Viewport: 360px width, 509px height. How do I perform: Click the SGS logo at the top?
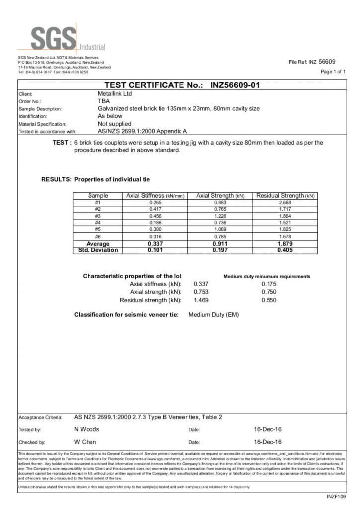coord(55,38)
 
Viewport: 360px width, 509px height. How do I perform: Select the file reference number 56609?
coord(327,62)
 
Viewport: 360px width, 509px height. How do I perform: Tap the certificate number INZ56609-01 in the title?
coord(235,85)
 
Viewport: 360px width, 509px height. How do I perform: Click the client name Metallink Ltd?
coord(115,93)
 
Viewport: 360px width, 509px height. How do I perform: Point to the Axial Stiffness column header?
coord(156,196)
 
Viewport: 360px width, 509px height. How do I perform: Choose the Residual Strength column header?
coord(285,196)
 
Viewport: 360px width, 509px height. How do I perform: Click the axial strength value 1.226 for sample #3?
coord(220,216)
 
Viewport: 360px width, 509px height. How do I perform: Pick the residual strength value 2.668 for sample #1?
coord(285,203)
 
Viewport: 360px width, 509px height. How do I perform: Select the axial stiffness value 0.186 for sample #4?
coord(156,223)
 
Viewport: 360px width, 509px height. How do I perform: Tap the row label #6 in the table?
coord(97,237)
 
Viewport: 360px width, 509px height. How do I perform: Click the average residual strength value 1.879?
coord(285,244)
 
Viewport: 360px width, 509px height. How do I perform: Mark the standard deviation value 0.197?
coord(220,250)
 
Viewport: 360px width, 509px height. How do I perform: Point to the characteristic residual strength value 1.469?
coord(201,300)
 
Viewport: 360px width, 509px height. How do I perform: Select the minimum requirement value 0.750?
coord(269,292)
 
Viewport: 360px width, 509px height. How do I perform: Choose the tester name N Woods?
coord(87,429)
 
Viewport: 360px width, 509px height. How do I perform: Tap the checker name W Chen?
coord(85,442)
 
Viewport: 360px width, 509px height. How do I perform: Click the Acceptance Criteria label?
coord(40,417)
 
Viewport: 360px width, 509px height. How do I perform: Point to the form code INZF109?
coord(336,496)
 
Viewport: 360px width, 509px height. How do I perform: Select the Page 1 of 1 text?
coord(333,72)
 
